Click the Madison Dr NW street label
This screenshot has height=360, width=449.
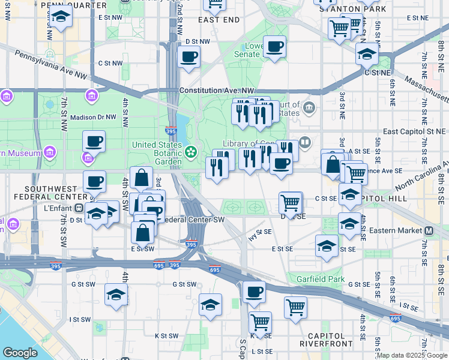(x=92, y=118)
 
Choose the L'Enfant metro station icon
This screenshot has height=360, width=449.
(x=79, y=209)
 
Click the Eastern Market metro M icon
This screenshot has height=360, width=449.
(x=429, y=230)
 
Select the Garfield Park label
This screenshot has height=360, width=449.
(x=324, y=279)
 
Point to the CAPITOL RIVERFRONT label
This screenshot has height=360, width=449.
(x=326, y=340)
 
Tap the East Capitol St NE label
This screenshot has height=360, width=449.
(x=414, y=131)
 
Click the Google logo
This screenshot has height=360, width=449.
(x=20, y=353)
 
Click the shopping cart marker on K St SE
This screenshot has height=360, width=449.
(x=260, y=322)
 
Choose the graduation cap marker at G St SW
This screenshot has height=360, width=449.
(x=116, y=295)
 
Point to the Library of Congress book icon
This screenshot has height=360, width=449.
(x=305, y=142)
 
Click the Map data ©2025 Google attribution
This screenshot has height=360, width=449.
(x=412, y=356)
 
